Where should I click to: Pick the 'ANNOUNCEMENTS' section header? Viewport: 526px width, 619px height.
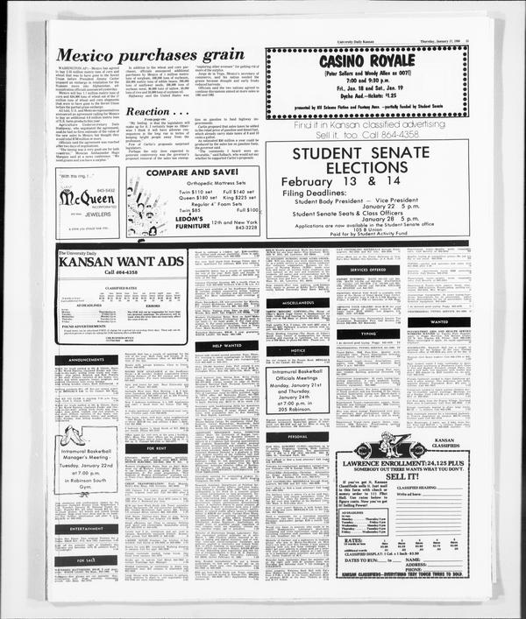[x=85, y=360]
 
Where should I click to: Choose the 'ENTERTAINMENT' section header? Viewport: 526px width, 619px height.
[x=85, y=529]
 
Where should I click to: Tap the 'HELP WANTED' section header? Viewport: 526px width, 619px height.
[x=229, y=346]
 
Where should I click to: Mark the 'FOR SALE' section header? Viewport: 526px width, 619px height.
[x=85, y=560]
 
